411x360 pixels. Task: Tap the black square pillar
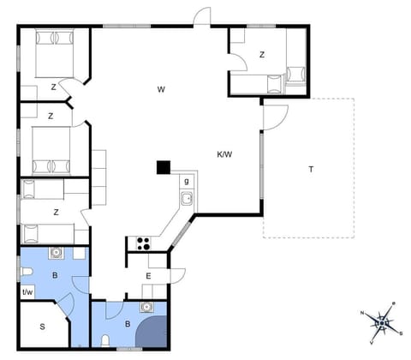(x=163, y=166)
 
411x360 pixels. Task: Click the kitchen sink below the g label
(x=186, y=200)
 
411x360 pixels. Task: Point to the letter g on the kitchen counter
(x=186, y=181)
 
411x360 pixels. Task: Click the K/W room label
(x=224, y=155)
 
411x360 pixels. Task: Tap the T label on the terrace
(x=311, y=169)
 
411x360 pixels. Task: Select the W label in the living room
(x=160, y=89)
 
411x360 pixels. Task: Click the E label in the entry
(x=148, y=275)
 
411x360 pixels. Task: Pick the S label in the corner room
(x=42, y=327)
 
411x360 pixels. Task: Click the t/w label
(x=27, y=292)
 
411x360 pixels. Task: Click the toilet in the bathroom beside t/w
(x=26, y=273)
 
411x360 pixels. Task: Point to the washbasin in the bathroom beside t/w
(x=57, y=253)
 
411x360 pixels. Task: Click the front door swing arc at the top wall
(x=202, y=16)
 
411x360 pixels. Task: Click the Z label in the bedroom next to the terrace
(x=262, y=55)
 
